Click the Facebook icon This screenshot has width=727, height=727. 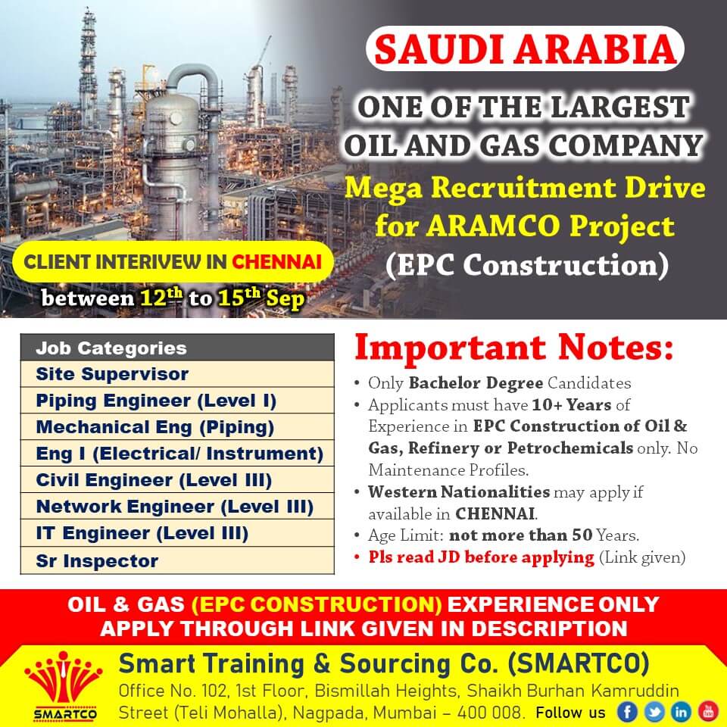pos(627,712)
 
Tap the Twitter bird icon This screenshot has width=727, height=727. pos(654,712)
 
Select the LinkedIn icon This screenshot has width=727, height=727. pos(681,712)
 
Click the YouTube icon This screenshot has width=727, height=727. pos(708,712)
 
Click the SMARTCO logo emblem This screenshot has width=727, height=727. pos(64,686)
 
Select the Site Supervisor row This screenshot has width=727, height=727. pos(177,373)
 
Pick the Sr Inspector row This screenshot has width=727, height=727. pos(177,560)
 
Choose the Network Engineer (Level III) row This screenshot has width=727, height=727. pos(177,507)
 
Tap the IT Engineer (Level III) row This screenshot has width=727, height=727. pos(177,533)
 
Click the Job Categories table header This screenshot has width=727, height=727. pos(177,348)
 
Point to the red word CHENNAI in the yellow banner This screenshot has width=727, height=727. pos(277,262)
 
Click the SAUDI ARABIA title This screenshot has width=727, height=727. pos(525,48)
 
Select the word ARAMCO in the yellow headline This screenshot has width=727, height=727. pos(494,226)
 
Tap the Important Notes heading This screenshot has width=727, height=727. pos(513,348)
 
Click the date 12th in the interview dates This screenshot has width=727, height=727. pos(161,297)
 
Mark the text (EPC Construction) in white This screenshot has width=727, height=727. pos(527,266)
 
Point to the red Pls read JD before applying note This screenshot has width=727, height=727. pos(482,557)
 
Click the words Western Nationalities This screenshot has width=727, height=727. pos(459,491)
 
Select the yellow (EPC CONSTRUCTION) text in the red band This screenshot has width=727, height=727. pos(317,604)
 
